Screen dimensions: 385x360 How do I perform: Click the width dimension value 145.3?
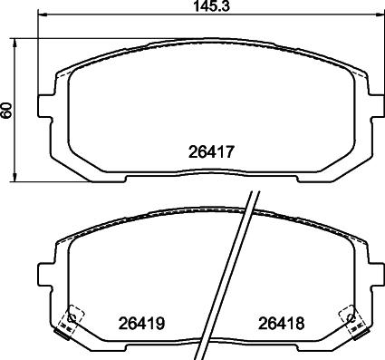pos(211,6)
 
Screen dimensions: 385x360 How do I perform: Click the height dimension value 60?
pos(6,110)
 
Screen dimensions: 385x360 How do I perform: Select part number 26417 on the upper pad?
pos(211,151)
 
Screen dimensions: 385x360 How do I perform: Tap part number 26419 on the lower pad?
pos(141,324)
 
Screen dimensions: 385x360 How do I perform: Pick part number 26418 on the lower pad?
pos(281,324)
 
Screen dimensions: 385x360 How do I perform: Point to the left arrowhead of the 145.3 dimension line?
pos(43,14)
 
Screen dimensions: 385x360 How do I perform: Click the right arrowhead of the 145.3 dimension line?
pos(379,14)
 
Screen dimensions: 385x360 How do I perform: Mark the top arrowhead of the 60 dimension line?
pos(14,43)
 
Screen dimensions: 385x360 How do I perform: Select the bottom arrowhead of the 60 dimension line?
pos(14,178)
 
